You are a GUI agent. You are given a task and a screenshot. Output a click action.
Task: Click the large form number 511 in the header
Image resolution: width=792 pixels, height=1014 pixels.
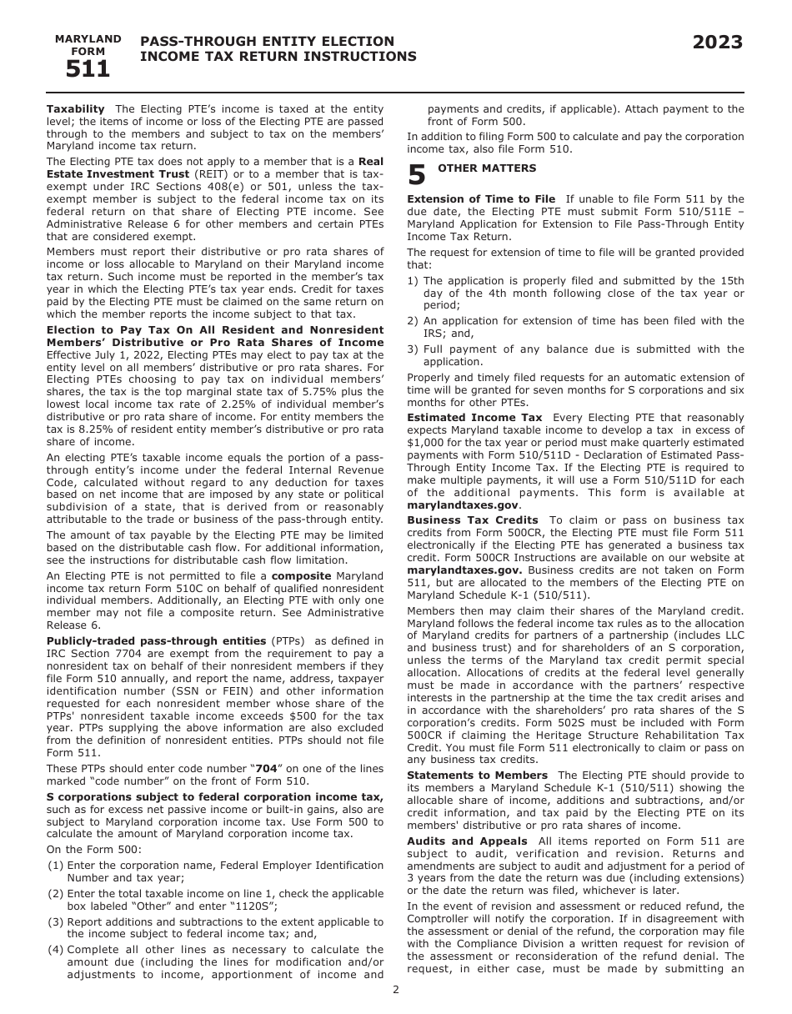88,69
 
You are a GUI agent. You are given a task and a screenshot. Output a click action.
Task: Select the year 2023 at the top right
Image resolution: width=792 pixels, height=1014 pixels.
717,43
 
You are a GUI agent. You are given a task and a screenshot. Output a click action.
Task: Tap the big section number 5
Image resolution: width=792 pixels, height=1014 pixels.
417,175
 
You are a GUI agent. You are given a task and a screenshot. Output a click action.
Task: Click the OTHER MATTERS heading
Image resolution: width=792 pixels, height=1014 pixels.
487,168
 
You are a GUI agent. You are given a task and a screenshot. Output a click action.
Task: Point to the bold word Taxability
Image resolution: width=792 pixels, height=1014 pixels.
75,109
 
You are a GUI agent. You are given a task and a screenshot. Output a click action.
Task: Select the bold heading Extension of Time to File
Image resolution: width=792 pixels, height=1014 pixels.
481,199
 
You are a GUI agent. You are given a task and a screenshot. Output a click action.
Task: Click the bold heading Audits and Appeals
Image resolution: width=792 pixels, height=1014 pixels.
467,841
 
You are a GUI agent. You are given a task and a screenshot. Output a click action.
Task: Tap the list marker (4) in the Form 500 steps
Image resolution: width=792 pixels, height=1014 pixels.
55,949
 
